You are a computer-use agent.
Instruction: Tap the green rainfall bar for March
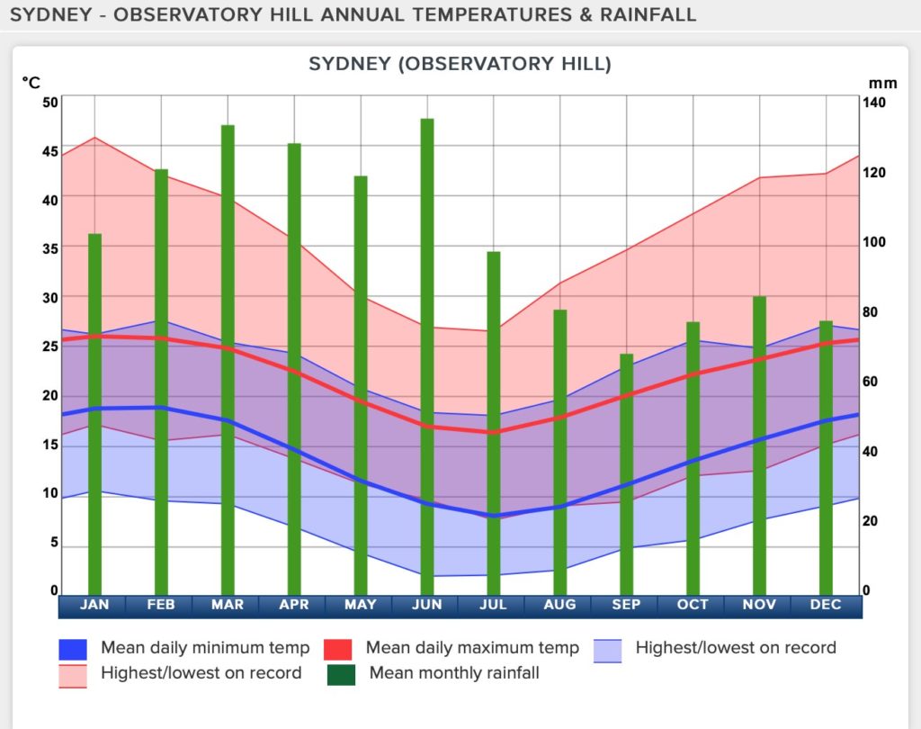(228, 360)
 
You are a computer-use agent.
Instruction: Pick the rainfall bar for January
(94, 414)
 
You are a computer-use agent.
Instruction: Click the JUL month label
(493, 605)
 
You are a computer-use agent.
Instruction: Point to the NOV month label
(759, 605)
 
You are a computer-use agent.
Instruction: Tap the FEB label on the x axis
(161, 605)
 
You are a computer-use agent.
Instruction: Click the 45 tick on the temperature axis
(50, 151)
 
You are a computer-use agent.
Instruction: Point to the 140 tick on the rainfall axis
(873, 103)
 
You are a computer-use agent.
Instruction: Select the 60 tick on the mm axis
(870, 382)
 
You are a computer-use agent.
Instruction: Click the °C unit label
(31, 83)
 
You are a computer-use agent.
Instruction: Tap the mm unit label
(882, 83)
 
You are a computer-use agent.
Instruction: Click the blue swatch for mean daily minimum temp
(73, 649)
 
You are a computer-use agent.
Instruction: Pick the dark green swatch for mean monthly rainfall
(342, 674)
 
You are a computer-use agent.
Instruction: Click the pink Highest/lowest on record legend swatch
(73, 675)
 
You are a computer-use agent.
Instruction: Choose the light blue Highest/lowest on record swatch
(608, 650)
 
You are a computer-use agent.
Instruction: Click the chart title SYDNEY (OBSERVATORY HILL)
(460, 64)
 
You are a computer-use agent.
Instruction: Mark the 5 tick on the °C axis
(53, 543)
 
